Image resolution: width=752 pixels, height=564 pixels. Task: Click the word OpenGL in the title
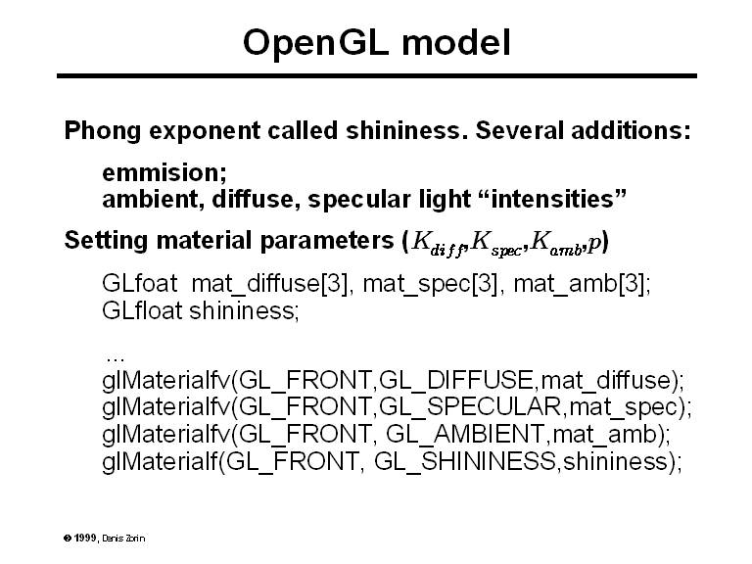tap(315, 44)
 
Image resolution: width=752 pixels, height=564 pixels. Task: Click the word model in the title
tap(456, 43)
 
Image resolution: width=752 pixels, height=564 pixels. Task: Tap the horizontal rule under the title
tap(376, 75)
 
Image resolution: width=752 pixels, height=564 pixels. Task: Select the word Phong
tap(102, 131)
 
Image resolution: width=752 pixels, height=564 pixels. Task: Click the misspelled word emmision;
tap(164, 172)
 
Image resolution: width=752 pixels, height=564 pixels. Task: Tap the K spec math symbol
tap(495, 243)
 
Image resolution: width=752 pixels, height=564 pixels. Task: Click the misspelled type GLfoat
tap(140, 283)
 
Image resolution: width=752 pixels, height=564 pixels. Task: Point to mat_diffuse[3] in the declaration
tap(269, 284)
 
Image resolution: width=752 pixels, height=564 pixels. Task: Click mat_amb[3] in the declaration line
tap(579, 284)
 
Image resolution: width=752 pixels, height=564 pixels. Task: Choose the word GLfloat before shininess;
tap(142, 310)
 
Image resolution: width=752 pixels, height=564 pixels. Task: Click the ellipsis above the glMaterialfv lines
tap(116, 358)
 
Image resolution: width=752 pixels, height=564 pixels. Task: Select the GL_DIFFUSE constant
tap(455, 380)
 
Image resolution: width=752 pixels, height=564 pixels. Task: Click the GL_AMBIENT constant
tap(465, 435)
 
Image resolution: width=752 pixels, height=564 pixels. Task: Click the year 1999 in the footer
tap(85, 538)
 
